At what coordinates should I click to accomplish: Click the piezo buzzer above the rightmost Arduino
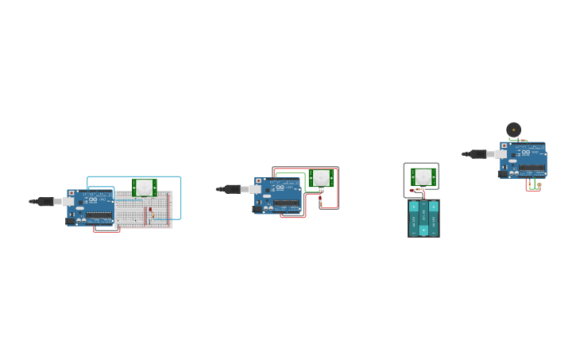point(514,130)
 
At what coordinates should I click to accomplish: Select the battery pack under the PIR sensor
point(423,218)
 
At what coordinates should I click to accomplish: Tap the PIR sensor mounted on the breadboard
point(144,188)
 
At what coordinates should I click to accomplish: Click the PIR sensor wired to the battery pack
point(423,176)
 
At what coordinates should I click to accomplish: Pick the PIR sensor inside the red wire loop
point(321,178)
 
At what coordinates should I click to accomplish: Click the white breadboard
point(143,210)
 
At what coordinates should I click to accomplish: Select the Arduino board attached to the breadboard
point(91,207)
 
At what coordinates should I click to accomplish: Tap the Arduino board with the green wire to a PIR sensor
point(278,195)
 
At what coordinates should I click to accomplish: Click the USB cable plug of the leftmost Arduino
point(45,202)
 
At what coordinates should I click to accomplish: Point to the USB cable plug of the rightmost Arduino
point(478,154)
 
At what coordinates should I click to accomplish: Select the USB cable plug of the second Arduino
point(233,189)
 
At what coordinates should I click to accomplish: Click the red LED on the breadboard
point(150,210)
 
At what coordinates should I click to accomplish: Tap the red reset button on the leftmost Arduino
point(72,193)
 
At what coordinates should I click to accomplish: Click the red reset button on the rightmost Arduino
point(504,145)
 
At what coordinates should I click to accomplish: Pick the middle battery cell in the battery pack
point(423,218)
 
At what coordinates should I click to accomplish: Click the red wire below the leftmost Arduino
point(106,231)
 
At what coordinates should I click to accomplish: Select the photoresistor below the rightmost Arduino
point(539,186)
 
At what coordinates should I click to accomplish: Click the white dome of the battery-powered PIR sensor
point(423,176)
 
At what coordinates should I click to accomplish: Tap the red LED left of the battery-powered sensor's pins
point(412,190)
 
